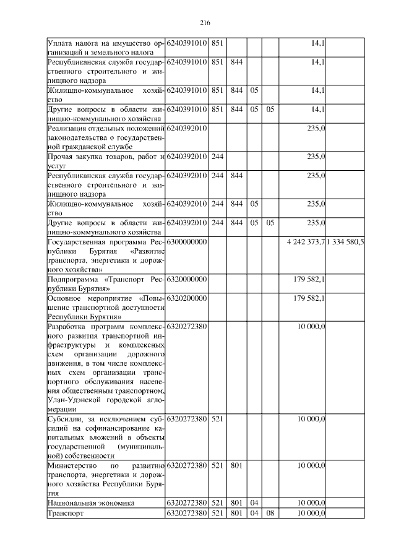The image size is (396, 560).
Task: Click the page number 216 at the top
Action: click(205, 23)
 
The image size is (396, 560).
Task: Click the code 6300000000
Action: click(187, 241)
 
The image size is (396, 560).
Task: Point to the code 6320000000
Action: click(187, 280)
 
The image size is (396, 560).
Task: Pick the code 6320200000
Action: click(187, 298)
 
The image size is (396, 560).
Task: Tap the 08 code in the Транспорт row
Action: click(270, 514)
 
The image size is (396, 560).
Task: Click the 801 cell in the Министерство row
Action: click(236, 465)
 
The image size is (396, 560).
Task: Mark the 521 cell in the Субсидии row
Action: click(218, 420)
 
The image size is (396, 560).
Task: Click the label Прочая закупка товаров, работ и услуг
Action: click(105, 162)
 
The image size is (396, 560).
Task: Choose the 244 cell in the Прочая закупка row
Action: click(218, 157)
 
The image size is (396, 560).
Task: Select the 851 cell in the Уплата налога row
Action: click(218, 43)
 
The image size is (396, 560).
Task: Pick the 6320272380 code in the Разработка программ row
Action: click(187, 325)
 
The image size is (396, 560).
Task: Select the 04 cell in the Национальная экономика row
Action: click(254, 504)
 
